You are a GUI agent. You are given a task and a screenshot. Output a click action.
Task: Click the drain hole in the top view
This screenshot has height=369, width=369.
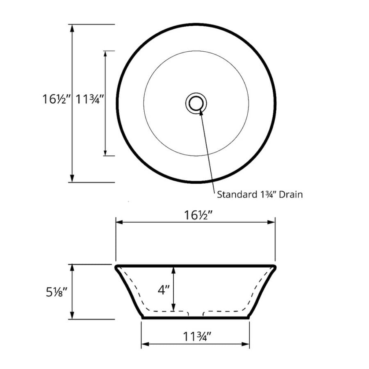(x=196, y=103)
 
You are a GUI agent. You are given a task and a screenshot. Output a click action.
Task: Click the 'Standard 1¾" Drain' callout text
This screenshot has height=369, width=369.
(x=260, y=195)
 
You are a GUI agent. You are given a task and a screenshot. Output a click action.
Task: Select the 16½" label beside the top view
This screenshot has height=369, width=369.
(x=57, y=99)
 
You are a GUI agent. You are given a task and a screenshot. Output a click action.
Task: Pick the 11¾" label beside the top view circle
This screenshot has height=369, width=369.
(x=90, y=99)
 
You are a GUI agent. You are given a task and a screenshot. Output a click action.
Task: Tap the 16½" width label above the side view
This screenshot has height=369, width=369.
(x=198, y=215)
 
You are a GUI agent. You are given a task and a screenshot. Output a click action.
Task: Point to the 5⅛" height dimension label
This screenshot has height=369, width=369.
(x=57, y=292)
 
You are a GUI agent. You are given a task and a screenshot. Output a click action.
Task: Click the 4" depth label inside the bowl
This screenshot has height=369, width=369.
(x=164, y=290)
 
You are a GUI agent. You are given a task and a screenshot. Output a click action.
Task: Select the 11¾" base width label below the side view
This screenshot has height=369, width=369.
(x=197, y=337)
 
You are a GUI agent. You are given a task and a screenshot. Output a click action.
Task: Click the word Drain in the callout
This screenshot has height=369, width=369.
(x=291, y=195)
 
